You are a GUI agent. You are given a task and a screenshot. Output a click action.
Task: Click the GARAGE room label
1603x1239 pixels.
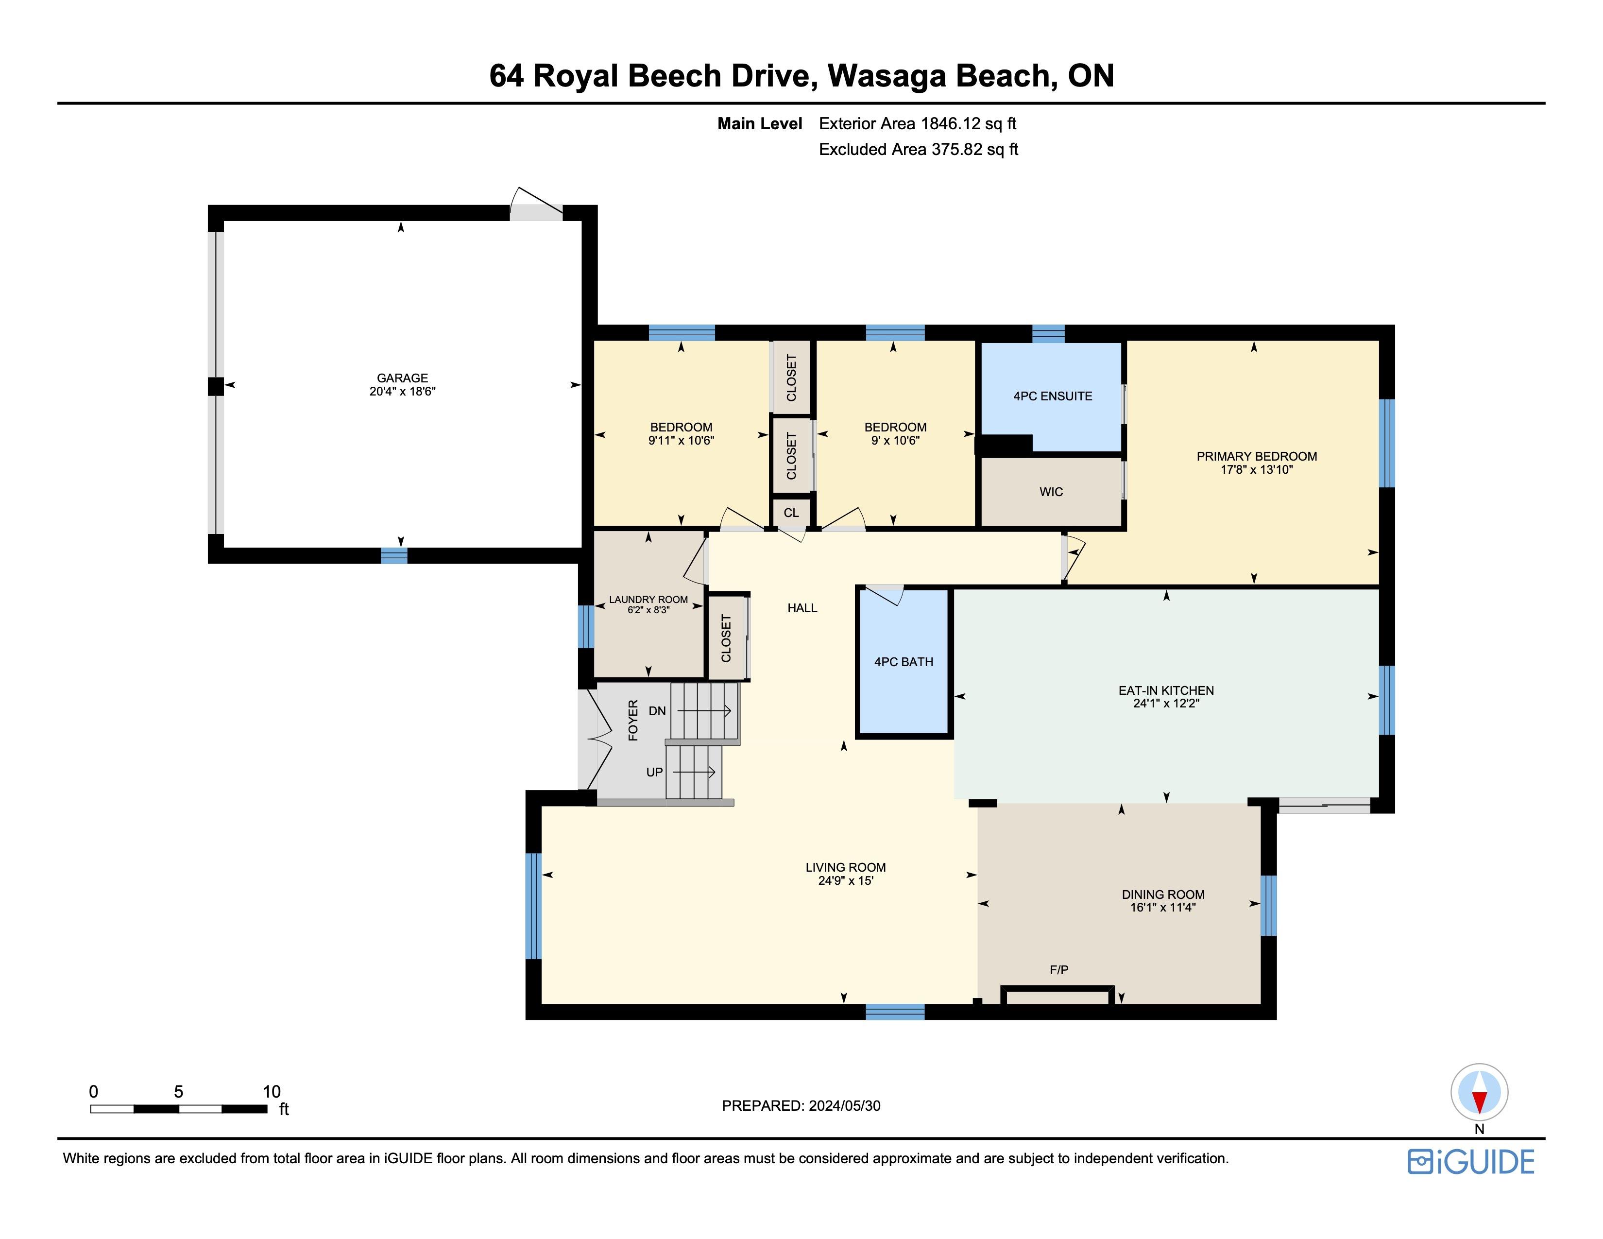tap(402, 378)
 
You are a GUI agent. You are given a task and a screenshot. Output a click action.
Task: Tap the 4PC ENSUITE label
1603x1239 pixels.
tap(1053, 396)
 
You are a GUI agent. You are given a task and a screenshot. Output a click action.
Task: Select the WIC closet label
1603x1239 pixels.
tap(1051, 492)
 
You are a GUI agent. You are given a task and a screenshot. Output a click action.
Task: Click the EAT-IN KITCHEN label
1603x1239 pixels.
tap(1166, 690)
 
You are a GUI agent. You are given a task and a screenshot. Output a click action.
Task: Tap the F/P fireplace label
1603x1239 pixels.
tap(1059, 970)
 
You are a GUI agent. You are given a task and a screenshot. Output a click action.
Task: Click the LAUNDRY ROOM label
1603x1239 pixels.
tap(648, 600)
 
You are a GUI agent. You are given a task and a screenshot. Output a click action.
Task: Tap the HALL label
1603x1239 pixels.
tap(802, 608)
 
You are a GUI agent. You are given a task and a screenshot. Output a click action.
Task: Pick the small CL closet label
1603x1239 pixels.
tap(791, 512)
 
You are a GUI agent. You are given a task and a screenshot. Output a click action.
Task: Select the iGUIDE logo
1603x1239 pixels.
tap(1471, 1162)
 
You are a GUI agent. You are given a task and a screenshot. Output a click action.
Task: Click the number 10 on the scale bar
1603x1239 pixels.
tap(272, 1091)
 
